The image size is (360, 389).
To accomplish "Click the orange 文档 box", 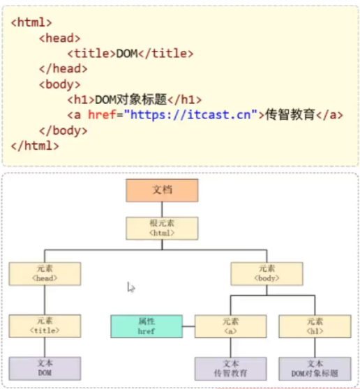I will coord(162,190).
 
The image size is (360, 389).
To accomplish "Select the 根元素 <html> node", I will coord(162,228).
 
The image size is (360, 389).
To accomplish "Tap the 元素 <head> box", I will coord(45,273).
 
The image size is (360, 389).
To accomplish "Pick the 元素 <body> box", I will coord(267,273).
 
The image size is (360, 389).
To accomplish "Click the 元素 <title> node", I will coord(45,326).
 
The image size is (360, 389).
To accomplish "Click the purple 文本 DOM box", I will coord(45,368).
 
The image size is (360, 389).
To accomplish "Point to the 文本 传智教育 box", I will coord(230,368).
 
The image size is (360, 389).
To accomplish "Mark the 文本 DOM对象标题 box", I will coord(314,368).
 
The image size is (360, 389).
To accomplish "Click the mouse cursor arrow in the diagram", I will coord(130,287).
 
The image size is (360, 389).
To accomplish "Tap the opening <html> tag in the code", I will coord(31,22).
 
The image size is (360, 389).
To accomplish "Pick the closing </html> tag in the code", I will coord(34,146).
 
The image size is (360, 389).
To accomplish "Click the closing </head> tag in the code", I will coord(63,68).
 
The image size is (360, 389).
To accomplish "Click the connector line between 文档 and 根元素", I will coord(162,209).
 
